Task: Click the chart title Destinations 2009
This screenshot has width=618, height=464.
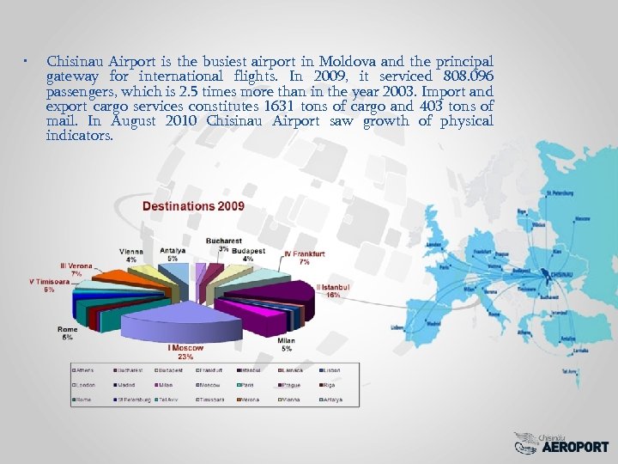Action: [193, 206]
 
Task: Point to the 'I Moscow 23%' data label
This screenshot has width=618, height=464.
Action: [185, 351]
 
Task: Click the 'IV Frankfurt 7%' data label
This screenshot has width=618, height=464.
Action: [304, 258]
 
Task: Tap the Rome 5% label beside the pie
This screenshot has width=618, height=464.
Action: [67, 333]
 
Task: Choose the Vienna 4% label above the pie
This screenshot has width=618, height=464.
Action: [131, 255]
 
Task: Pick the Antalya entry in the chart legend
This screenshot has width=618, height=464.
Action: [332, 400]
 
